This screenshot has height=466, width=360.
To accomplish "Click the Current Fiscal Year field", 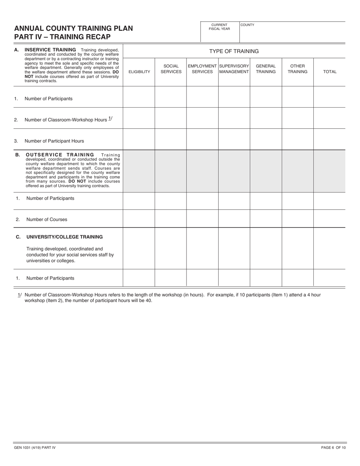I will pos(220,34).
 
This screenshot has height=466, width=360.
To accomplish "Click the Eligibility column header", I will pos(139,72).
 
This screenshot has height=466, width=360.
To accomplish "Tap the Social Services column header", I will pos(171,69).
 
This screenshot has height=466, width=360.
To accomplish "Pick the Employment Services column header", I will pos(202,69).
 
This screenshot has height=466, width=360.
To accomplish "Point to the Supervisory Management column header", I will pos(234,69).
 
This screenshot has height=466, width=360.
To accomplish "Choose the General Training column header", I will pos(266,69).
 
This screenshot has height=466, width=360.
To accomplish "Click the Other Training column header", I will pos(297,69).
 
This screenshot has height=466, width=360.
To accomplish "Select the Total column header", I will pos(329,72).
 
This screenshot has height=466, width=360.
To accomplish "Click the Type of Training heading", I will pos(234,51).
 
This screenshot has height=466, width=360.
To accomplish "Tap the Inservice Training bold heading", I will pos(50,50).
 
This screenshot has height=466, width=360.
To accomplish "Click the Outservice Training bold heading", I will pos(60,155).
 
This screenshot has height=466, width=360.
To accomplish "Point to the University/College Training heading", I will pos(64,237).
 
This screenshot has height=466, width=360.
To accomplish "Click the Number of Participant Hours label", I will pos(54,141).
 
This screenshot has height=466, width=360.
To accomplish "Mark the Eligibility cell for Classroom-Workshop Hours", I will pos(139,118).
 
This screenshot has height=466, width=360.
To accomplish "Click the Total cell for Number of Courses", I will pos(329,219).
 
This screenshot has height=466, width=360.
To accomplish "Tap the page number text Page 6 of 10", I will pos(333,448).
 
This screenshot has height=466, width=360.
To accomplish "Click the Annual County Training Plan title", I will pos(74,28).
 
